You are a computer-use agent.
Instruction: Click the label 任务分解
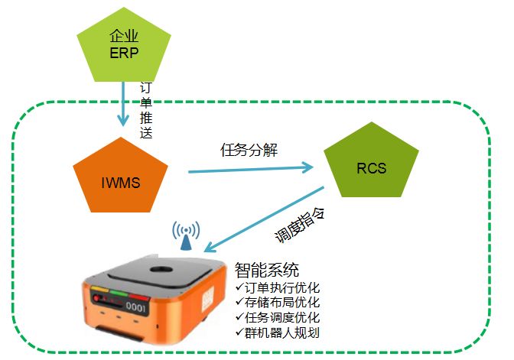249,150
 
